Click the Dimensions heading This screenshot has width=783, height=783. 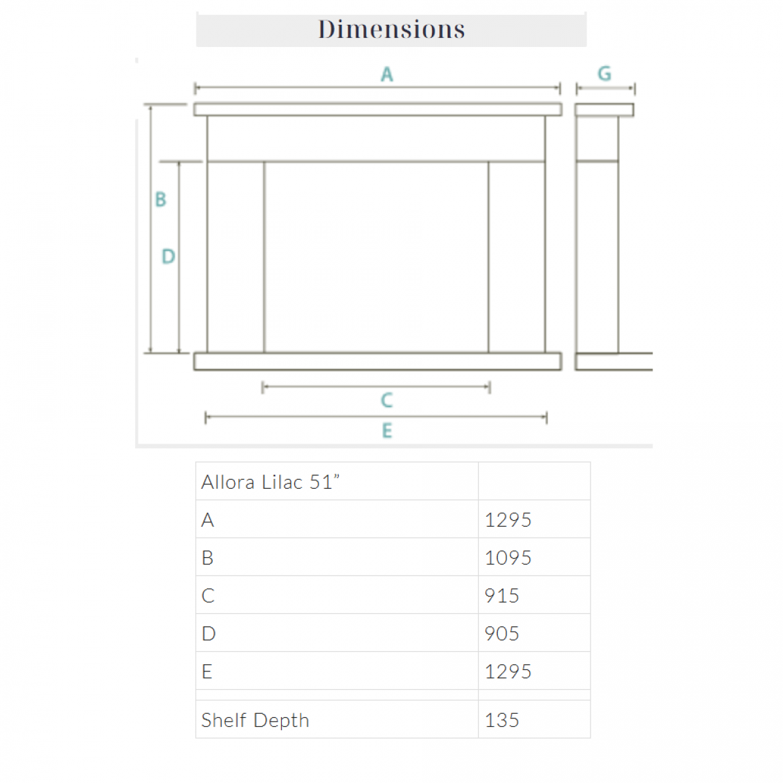[391, 29]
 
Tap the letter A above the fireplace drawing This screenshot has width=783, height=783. [387, 74]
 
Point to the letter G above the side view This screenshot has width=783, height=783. [604, 74]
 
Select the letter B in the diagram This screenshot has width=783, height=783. [161, 199]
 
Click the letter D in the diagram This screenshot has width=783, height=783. [168, 256]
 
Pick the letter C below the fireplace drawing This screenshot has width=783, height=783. [387, 400]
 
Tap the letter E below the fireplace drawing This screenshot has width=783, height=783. [387, 430]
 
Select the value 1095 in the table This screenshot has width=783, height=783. [508, 557]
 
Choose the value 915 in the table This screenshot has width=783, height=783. [502, 596]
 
